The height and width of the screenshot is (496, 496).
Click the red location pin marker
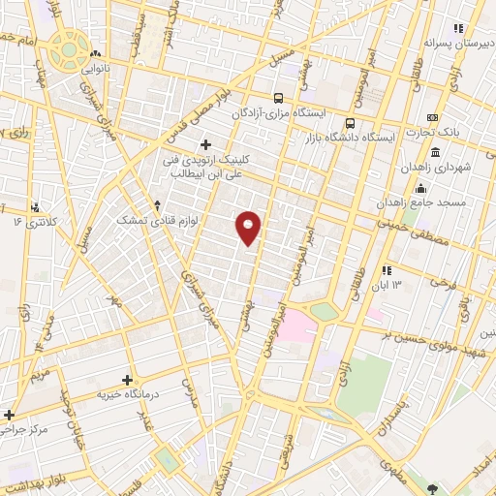point(249,228)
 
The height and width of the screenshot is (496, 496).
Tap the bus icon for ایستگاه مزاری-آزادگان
point(279,98)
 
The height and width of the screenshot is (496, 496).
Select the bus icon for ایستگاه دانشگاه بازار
point(351,123)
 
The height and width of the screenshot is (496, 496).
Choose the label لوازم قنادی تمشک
point(155,221)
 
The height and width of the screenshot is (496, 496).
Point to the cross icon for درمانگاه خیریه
point(128,380)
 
